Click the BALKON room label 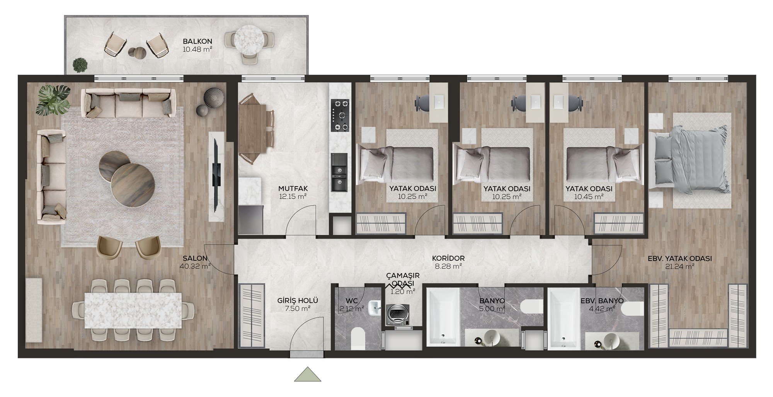pos(198,41)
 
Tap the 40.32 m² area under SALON pos(195,266)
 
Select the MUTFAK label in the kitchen pos(293,188)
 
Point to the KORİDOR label pos(448,258)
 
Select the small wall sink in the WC pos(375,308)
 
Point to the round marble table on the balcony pos(249,39)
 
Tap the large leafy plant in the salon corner pos(54,99)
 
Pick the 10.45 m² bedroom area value pos(589,197)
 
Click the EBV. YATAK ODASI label pos(680,258)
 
